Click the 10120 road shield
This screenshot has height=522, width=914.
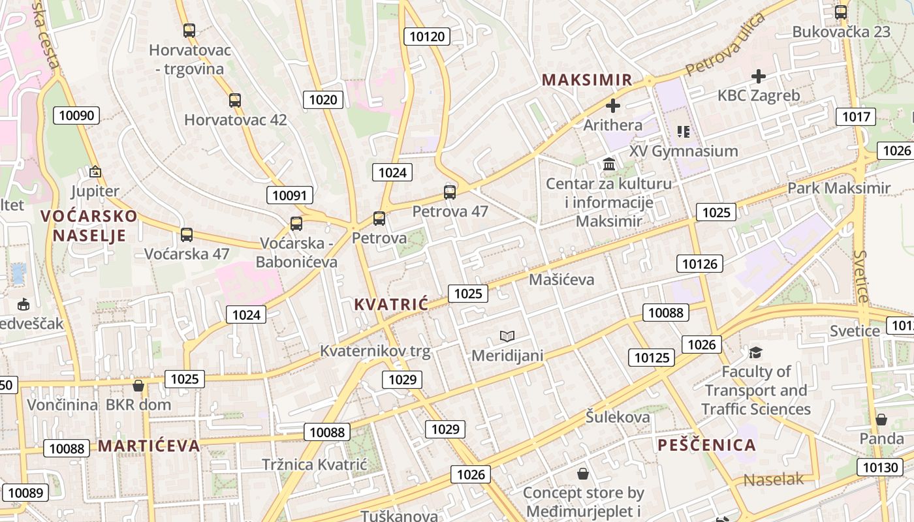427,37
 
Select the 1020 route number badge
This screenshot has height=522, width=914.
323,99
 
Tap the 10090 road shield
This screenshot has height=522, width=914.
77,116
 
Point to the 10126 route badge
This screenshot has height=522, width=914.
700,264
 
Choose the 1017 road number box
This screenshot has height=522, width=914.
856,117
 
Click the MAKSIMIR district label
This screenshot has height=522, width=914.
587,80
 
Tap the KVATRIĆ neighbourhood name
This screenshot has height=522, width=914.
390,303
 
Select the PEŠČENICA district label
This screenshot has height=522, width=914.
706,445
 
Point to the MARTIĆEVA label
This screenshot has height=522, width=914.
149,446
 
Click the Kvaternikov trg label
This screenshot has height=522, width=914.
375,351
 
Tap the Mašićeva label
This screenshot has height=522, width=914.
561,279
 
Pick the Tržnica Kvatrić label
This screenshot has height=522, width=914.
315,465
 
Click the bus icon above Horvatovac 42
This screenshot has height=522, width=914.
235,100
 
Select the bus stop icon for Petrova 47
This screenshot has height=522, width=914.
450,192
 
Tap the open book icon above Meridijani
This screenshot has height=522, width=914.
507,336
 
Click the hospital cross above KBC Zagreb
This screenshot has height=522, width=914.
758,76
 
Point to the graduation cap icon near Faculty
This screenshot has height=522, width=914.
755,352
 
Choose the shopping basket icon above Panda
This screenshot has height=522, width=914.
881,419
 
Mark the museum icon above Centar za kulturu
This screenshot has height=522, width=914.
609,164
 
